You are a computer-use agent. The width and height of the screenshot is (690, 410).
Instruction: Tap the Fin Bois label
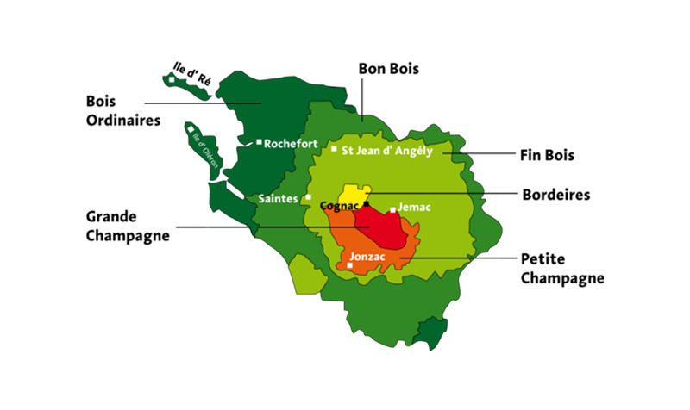pos(547,156)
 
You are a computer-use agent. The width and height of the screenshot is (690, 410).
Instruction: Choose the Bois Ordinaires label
pos(122,110)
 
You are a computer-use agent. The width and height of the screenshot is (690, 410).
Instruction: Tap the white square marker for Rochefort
pos(259,142)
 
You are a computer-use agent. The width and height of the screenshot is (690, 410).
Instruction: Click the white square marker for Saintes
pos(308,197)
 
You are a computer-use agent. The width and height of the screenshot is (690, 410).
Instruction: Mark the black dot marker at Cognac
pos(366,205)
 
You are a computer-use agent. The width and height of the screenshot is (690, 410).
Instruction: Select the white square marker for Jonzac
pos(349,265)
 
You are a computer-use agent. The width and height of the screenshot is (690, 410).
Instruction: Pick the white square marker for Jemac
pos(393,209)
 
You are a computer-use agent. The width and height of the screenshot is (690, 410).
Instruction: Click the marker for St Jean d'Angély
pos(335,150)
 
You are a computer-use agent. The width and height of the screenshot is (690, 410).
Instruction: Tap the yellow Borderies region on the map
pos(354,194)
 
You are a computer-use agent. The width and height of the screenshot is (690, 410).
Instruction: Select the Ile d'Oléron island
pos(199,146)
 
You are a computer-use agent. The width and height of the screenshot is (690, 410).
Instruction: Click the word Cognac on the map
pos(339,206)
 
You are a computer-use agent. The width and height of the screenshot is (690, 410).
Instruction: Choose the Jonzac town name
pos(368,257)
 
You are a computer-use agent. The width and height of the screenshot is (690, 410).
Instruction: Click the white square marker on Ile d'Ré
pos(172,79)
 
